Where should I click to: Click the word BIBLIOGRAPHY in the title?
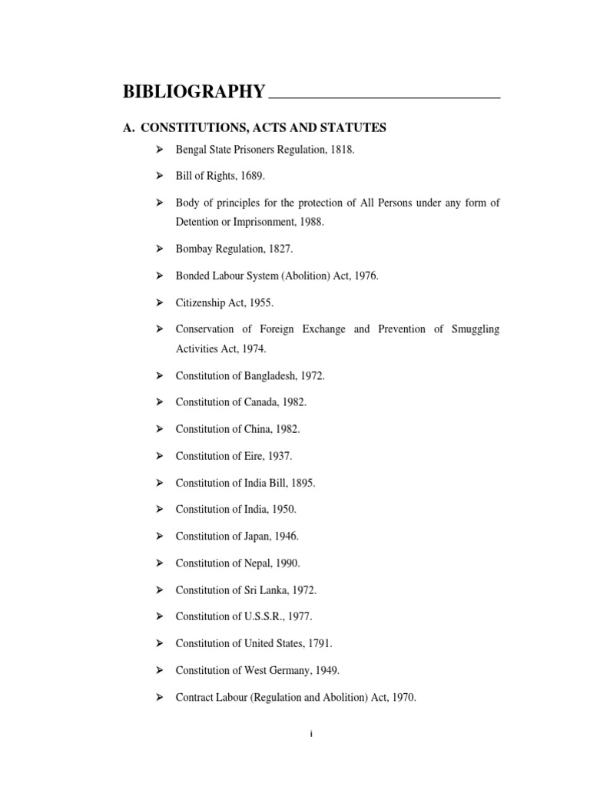[194, 93]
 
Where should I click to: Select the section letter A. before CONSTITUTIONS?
[128, 127]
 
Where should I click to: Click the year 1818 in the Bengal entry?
[341, 150]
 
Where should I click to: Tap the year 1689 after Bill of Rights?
[251, 176]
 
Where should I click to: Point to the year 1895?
[302, 483]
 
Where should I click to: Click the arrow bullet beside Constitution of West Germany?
[160, 670]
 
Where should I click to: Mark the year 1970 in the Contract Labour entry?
[403, 697]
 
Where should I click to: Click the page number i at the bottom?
[311, 735]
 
